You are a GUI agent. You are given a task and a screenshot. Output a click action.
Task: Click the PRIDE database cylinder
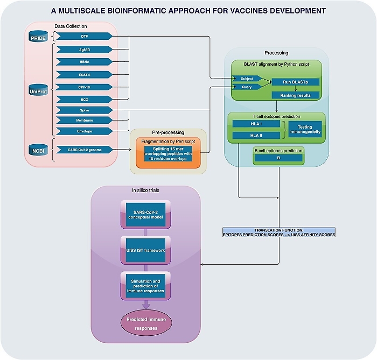tap(39, 37)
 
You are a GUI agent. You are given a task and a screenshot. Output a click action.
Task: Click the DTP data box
tap(84, 36)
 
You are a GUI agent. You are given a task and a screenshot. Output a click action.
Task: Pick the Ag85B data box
tap(84, 48)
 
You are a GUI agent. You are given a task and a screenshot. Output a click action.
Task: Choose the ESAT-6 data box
tap(84, 74)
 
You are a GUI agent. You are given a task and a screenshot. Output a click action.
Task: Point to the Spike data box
tap(84, 110)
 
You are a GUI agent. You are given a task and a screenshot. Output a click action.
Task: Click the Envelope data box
tap(84, 131)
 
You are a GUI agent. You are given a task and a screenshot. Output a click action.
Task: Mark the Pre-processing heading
tap(169, 132)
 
